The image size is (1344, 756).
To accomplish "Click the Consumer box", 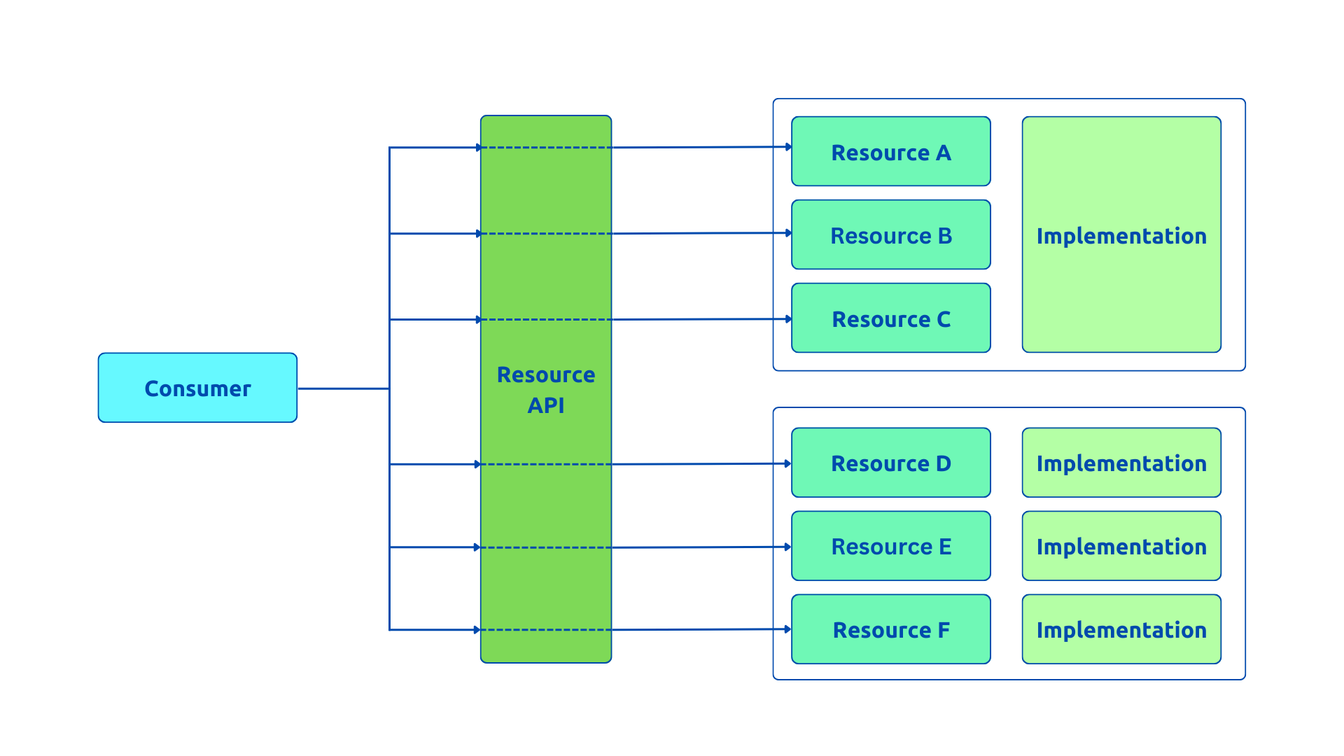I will point(197,388).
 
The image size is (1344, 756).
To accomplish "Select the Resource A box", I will point(890,151).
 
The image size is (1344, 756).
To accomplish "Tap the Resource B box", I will point(890,234).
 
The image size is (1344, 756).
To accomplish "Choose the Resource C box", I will point(890,318).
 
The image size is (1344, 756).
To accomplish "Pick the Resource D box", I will point(890,463).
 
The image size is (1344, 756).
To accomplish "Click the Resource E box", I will point(890,546).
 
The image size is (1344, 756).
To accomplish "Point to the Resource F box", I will point(890,629).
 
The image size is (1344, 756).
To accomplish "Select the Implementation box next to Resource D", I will point(1121,463).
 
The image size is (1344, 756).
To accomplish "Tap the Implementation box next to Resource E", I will point(1121,546).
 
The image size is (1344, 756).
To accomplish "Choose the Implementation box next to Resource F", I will point(1121,629).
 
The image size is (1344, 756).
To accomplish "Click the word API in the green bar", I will point(545,405).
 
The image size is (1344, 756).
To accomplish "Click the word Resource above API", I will point(545,374).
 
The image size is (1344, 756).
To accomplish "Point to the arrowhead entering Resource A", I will point(788,147).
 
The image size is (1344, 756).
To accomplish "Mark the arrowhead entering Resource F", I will point(787,629).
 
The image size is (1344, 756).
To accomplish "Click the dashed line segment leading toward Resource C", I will point(546,319).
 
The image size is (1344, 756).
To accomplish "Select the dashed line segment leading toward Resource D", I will point(546,464).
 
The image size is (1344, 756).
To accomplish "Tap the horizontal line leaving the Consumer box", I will point(343,388).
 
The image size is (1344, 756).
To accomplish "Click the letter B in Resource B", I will point(945,236).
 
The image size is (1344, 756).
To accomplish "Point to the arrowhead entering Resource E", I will point(787,547).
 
